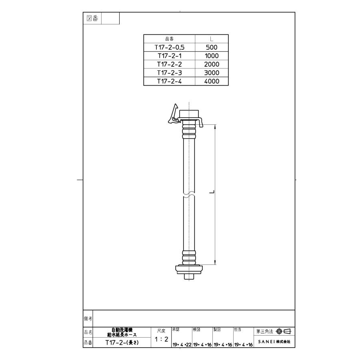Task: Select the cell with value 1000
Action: pyautogui.click(x=212, y=56)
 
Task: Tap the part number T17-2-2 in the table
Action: pyautogui.click(x=169, y=64)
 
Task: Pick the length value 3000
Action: pyautogui.click(x=212, y=73)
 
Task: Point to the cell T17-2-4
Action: pyautogui.click(x=169, y=81)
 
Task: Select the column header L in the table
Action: pyautogui.click(x=212, y=39)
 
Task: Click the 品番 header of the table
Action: pyautogui.click(x=169, y=39)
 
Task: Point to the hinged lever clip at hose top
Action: pyautogui.click(x=173, y=115)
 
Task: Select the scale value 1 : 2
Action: pyautogui.click(x=161, y=340)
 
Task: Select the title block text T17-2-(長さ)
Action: pyautogui.click(x=122, y=343)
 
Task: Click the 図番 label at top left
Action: pyautogui.click(x=93, y=18)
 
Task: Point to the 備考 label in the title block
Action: pyautogui.click(x=88, y=318)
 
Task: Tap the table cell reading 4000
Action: pyautogui.click(x=212, y=81)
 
